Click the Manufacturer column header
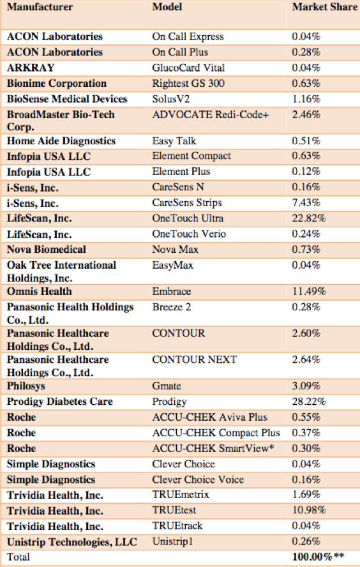coord(40,7)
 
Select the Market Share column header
coord(325,7)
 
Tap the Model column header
coord(167,7)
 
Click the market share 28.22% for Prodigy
coord(309,402)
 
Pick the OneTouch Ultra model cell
coord(188,218)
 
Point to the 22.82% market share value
coord(309,218)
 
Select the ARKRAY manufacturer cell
coord(31,68)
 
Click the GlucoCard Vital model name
coord(188,68)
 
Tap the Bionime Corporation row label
coord(57,83)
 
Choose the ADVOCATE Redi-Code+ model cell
coord(211,115)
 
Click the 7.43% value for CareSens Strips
coord(306,202)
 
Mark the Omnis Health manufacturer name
coord(40,291)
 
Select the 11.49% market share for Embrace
coord(309,291)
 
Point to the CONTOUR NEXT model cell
coord(195,359)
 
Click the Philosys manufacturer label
coord(26,386)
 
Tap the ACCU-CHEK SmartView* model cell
coord(213,448)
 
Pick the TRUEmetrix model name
coord(181,494)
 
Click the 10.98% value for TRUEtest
coord(309,510)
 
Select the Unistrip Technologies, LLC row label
coord(72,542)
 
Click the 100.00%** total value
coord(318,557)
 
